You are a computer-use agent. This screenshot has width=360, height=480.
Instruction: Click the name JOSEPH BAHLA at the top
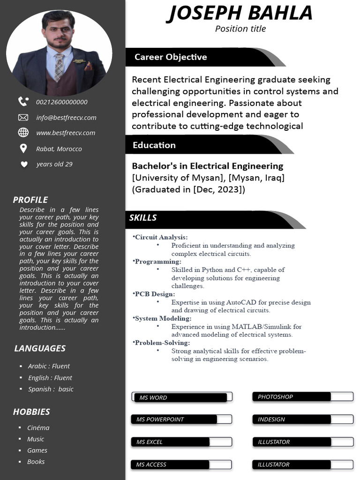pyautogui.click(x=240, y=13)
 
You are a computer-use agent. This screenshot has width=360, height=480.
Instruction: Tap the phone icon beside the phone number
pyautogui.click(x=23, y=101)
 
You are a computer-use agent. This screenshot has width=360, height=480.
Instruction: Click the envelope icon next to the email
pyautogui.click(x=23, y=117)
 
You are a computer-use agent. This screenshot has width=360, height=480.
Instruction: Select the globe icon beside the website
pyautogui.click(x=23, y=133)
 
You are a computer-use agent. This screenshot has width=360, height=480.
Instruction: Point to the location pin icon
pyautogui.click(x=23, y=149)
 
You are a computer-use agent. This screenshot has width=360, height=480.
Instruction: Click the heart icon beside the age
pyautogui.click(x=24, y=164)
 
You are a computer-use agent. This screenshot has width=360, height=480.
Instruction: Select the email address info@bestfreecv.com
pyautogui.click(x=66, y=118)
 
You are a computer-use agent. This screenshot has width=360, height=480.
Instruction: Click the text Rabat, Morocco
pyautogui.click(x=59, y=149)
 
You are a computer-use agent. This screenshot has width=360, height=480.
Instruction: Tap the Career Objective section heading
pyautogui.click(x=171, y=57)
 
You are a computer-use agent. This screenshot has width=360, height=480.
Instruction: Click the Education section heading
pyautogui.click(x=154, y=145)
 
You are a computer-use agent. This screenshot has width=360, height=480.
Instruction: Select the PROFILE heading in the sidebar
pyautogui.click(x=30, y=200)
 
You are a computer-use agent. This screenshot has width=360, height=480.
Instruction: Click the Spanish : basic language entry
pyautogui.click(x=51, y=389)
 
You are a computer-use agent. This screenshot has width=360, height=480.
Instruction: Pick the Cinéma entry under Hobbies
pyautogui.click(x=38, y=428)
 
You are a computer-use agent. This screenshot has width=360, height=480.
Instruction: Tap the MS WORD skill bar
pyautogui.click(x=181, y=397)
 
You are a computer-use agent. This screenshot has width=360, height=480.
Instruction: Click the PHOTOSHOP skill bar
pyautogui.click(x=303, y=397)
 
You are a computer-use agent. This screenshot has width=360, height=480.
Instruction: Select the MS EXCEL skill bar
pyautogui.click(x=181, y=442)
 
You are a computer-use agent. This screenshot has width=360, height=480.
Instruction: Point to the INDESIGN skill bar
pyautogui.click(x=303, y=420)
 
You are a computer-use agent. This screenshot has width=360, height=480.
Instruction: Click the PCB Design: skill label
pyautogui.click(x=155, y=294)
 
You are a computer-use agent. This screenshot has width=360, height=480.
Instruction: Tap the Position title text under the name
pyautogui.click(x=240, y=29)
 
